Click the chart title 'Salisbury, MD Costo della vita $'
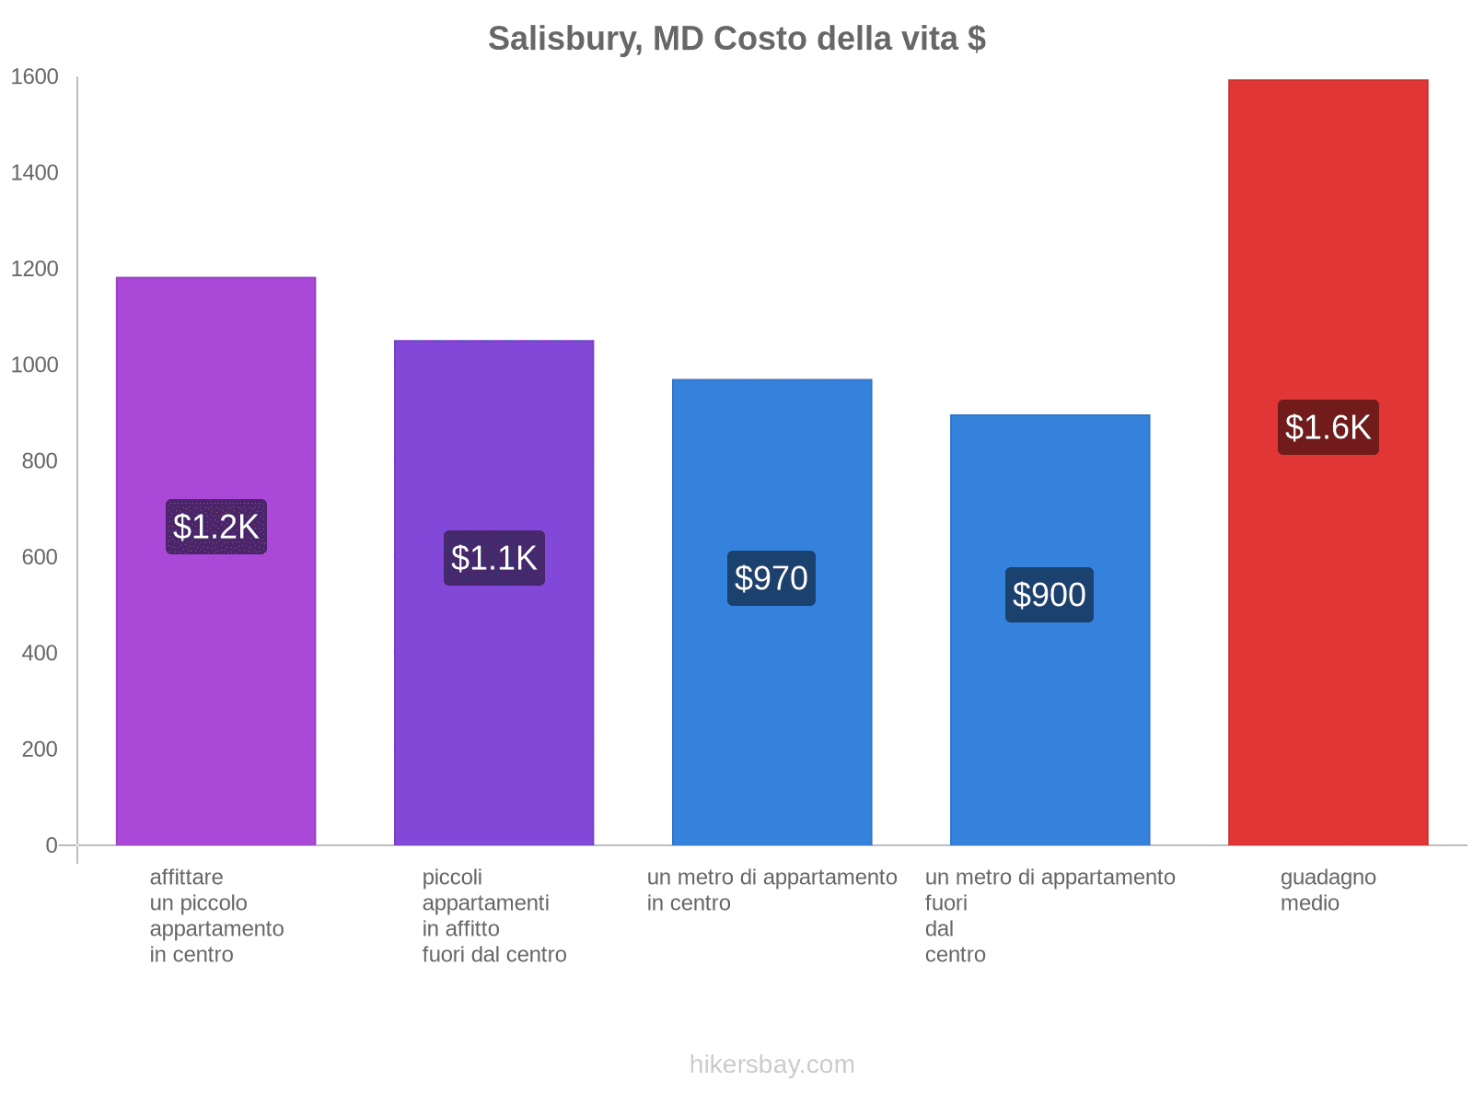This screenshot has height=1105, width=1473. (736, 39)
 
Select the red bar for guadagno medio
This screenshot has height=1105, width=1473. (1328, 461)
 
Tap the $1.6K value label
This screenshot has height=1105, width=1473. (1328, 426)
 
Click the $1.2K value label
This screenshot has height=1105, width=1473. (215, 526)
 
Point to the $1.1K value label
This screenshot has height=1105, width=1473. (493, 557)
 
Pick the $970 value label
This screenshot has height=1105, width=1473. (771, 577)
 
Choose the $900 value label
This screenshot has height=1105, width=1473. (1049, 595)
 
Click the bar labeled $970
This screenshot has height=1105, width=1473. (771, 611)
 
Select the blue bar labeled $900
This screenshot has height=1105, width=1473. (1050, 629)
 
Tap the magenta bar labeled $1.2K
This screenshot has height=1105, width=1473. (215, 561)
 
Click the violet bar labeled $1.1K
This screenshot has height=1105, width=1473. (493, 592)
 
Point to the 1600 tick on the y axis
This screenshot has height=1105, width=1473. (34, 76)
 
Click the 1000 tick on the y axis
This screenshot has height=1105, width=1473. (34, 365)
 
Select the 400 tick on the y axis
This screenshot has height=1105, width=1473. (40, 653)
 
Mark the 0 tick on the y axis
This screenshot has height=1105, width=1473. (51, 844)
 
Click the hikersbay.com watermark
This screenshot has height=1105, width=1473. (771, 1064)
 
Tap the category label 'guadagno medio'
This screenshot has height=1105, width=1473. (1328, 890)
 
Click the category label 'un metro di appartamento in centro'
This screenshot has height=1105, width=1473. (771, 890)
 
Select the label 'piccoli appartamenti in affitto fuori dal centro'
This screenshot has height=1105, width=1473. (493, 915)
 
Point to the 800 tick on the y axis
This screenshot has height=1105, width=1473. (40, 461)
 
